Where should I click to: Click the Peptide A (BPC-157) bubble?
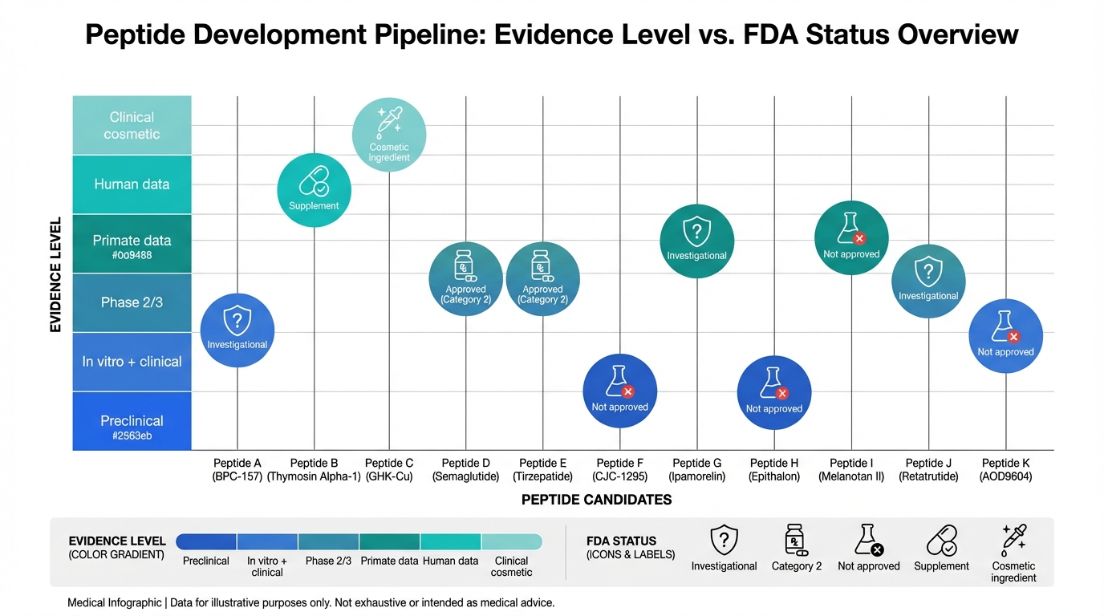(237, 330)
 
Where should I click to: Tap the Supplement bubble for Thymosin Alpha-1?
(314, 190)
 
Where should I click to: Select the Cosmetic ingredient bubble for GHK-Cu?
(389, 134)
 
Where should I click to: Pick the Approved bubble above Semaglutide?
(466, 278)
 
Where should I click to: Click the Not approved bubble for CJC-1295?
(619, 391)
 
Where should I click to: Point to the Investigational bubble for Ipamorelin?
(696, 241)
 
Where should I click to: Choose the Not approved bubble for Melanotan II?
(851, 237)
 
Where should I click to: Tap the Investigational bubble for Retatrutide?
(928, 282)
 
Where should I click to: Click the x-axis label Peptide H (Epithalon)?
(774, 469)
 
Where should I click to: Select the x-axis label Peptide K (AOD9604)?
(1005, 469)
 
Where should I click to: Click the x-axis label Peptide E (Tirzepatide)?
(542, 469)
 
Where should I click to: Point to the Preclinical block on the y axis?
(132, 421)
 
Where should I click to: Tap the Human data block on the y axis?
(132, 184)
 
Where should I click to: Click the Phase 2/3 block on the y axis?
(132, 302)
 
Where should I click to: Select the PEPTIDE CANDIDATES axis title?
(596, 500)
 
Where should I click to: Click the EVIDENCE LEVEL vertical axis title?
(56, 274)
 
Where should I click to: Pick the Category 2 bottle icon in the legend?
(796, 541)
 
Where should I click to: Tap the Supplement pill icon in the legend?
(941, 541)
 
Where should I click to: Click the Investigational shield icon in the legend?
(724, 540)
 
